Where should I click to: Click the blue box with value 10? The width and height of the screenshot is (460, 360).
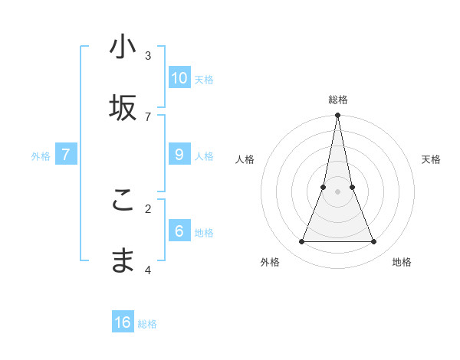179,77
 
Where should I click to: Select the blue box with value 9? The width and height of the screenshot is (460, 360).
179,155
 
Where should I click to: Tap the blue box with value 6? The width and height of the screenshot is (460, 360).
179,231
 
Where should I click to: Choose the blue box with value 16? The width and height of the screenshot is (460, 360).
123,322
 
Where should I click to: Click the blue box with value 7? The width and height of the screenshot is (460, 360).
66,155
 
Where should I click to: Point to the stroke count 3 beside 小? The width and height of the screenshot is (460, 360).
148,56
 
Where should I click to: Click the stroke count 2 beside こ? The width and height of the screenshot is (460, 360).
148,208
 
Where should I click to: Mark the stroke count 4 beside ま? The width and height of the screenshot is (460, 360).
148,270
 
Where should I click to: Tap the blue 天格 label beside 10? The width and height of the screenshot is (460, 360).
204,79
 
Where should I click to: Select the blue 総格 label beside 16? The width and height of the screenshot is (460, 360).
147,324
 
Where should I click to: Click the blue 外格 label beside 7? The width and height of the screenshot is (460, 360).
41,156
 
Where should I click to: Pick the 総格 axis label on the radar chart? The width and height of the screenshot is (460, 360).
337,100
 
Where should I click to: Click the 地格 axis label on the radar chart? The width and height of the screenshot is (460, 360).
402,262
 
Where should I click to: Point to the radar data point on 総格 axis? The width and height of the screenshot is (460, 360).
337,116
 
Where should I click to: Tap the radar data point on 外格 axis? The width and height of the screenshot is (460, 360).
301,242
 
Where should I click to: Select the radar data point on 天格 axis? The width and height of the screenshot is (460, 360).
352,187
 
